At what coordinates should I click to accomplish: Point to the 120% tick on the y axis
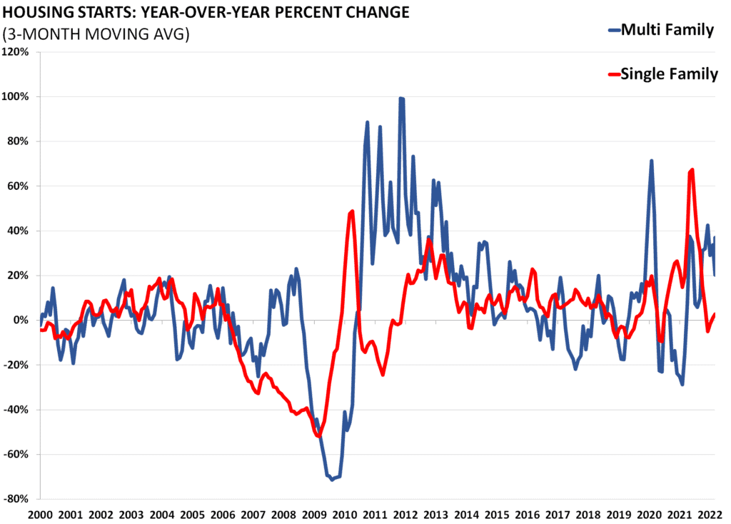[x=16, y=52]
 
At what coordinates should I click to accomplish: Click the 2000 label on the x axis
[x=40, y=515]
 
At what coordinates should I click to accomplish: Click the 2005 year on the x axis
[x=192, y=515]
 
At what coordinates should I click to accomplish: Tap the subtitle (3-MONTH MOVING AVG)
[x=96, y=34]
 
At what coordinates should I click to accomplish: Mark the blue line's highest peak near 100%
[x=402, y=99]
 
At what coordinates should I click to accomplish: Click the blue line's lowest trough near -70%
[x=331, y=480]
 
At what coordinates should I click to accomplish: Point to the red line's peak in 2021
[x=692, y=170]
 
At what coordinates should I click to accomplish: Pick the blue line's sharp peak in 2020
[x=651, y=161]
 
